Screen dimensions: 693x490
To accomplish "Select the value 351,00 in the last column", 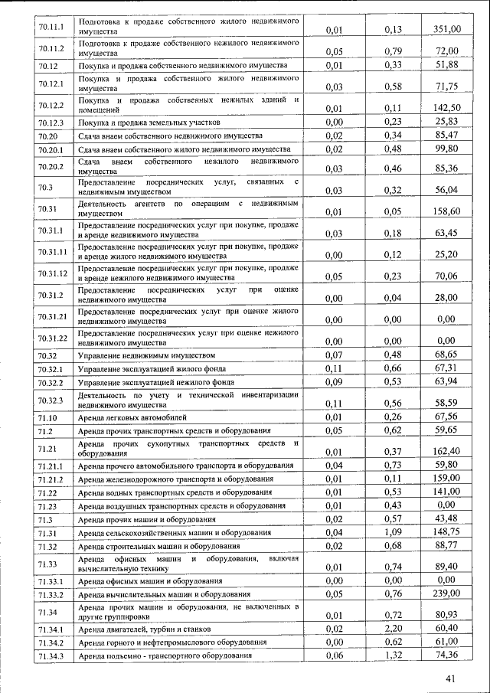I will click(447, 30).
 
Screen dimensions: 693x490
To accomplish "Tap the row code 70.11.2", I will click(51, 50).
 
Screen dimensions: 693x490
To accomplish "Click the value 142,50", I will click(447, 108).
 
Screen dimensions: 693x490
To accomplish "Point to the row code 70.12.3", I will click(51, 123).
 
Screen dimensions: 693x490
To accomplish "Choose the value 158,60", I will click(447, 211).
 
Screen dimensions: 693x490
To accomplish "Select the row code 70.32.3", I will click(51, 400).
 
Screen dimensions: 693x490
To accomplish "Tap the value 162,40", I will click(447, 451).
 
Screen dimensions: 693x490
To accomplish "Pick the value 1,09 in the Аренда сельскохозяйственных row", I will click(394, 531).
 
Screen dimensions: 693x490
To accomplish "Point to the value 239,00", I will click(447, 593).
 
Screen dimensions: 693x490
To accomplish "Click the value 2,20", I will click(394, 628).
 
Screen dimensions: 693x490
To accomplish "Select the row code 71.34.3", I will click(51, 656).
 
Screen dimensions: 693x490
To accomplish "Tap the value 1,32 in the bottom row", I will click(394, 655).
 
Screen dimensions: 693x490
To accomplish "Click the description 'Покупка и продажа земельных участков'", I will click(149, 123).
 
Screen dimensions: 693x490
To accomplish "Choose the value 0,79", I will click(394, 52).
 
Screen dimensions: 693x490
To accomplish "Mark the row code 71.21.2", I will click(51, 479).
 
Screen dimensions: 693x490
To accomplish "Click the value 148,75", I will click(447, 531).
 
